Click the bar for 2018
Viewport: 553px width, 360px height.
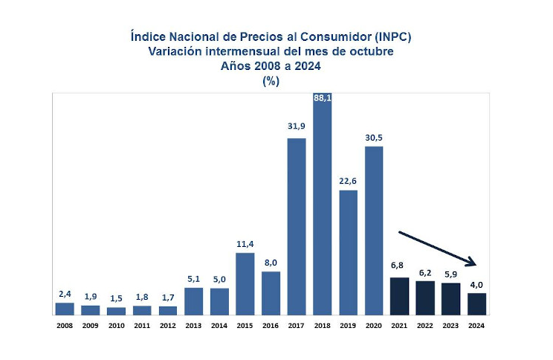(x=323, y=208)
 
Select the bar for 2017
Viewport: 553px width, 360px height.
(x=297, y=226)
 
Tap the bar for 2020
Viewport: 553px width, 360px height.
(x=374, y=230)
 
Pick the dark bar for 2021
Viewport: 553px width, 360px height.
(x=400, y=295)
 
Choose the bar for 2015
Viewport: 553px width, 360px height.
(x=245, y=283)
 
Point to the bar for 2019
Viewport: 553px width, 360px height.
(x=349, y=252)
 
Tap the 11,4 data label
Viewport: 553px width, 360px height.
(x=245, y=243)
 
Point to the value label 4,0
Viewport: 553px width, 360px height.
(x=476, y=283)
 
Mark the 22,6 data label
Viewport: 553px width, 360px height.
(x=349, y=180)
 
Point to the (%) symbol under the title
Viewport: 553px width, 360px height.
(x=271, y=81)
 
